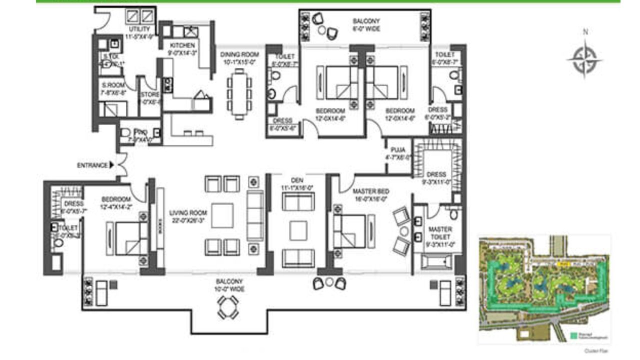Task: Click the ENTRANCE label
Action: point(92,165)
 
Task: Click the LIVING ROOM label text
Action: point(187,216)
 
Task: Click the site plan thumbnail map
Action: point(543,289)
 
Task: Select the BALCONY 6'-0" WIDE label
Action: point(366,25)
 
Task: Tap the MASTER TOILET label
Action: point(440,233)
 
